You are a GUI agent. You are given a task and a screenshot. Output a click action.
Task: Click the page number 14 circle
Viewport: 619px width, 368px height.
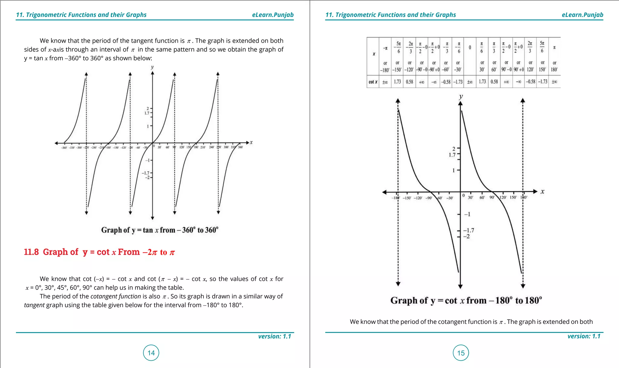(x=151, y=353)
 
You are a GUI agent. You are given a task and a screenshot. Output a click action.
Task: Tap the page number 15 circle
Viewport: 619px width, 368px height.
(x=461, y=353)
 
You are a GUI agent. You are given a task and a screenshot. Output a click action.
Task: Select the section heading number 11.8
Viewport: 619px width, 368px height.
(x=31, y=252)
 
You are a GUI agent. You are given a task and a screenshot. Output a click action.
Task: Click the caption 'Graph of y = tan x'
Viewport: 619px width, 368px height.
(x=160, y=230)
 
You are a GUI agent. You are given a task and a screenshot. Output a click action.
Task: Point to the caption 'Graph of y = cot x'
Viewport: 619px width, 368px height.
(x=466, y=300)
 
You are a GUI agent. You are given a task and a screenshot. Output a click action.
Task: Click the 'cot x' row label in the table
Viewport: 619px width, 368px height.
(x=373, y=82)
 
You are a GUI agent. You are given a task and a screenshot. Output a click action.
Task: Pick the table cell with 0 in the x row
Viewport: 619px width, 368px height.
(x=470, y=47)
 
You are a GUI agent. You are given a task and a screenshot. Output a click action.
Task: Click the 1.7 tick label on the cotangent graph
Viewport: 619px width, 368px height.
(x=452, y=155)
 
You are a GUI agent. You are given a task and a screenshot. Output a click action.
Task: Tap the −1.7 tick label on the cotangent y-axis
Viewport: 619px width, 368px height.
(x=469, y=230)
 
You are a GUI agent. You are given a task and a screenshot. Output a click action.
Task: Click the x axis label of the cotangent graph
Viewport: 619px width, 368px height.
(x=543, y=191)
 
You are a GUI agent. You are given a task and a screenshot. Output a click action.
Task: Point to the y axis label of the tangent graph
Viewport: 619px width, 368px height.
(x=152, y=67)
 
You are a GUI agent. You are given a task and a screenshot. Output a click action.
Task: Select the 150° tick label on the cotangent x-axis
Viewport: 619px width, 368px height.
(x=513, y=197)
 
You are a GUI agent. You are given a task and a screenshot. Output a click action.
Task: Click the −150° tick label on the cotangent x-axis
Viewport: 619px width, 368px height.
(x=407, y=198)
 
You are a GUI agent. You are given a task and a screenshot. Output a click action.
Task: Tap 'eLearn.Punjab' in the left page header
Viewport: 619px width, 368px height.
(x=273, y=15)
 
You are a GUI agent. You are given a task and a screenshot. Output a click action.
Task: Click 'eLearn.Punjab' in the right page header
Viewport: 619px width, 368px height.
(x=582, y=15)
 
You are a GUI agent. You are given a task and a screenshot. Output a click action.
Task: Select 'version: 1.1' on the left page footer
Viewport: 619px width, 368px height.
(x=274, y=336)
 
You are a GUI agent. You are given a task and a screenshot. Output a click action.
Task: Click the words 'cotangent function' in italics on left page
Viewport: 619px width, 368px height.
(x=115, y=296)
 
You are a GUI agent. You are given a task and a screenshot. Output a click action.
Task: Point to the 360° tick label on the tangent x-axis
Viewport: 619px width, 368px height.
(x=240, y=147)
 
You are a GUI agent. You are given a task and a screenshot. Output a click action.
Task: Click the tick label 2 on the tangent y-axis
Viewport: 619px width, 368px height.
(x=148, y=108)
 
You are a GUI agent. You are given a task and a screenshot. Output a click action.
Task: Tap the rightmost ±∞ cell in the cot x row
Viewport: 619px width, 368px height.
(x=554, y=82)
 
